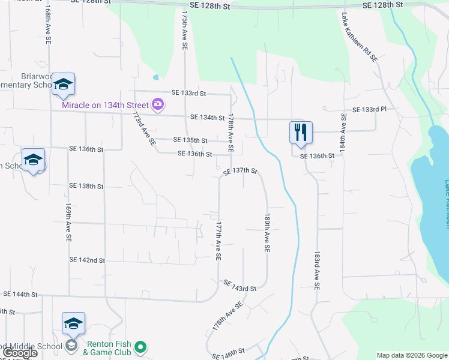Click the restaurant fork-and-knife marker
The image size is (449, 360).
pos(301,132)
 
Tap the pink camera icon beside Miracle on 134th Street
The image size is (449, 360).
pos(158,105)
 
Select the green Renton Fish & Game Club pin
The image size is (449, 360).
pos(140,347)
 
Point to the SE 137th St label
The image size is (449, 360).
pos(240,172)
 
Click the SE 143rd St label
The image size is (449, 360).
pos(240,285)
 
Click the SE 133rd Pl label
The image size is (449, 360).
pos(370,110)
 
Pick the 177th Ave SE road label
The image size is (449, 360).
pos(218,242)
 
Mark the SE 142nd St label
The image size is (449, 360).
pos(87,260)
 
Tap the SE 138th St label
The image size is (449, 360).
pos(86,187)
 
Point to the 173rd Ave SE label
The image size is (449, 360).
pos(145,128)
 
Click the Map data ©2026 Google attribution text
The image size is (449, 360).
pos(411,355)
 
